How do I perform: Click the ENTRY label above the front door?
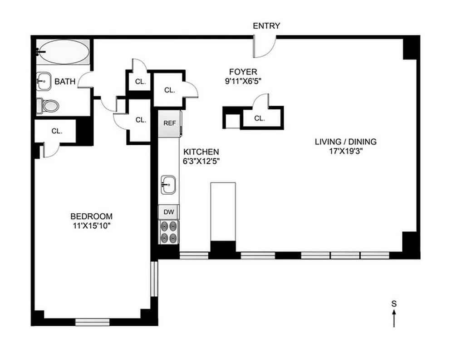point(266,26)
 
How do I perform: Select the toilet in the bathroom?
point(48,106)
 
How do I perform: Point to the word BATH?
point(65,82)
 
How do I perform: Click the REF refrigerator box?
point(169,123)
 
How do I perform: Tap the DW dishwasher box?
point(168,211)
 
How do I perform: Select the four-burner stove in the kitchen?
point(168,231)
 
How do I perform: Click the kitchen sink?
point(168,185)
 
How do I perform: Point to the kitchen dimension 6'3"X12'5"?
point(201,161)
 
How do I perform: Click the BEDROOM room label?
point(91,216)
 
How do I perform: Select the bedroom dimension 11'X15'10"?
point(91,226)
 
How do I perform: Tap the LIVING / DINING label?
point(345,142)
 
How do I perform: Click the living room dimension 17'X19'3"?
point(345,151)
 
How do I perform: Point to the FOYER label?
point(243,72)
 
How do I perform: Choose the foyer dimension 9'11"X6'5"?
point(243,81)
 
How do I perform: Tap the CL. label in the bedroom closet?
point(56,131)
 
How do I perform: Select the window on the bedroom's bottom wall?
point(92,322)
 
